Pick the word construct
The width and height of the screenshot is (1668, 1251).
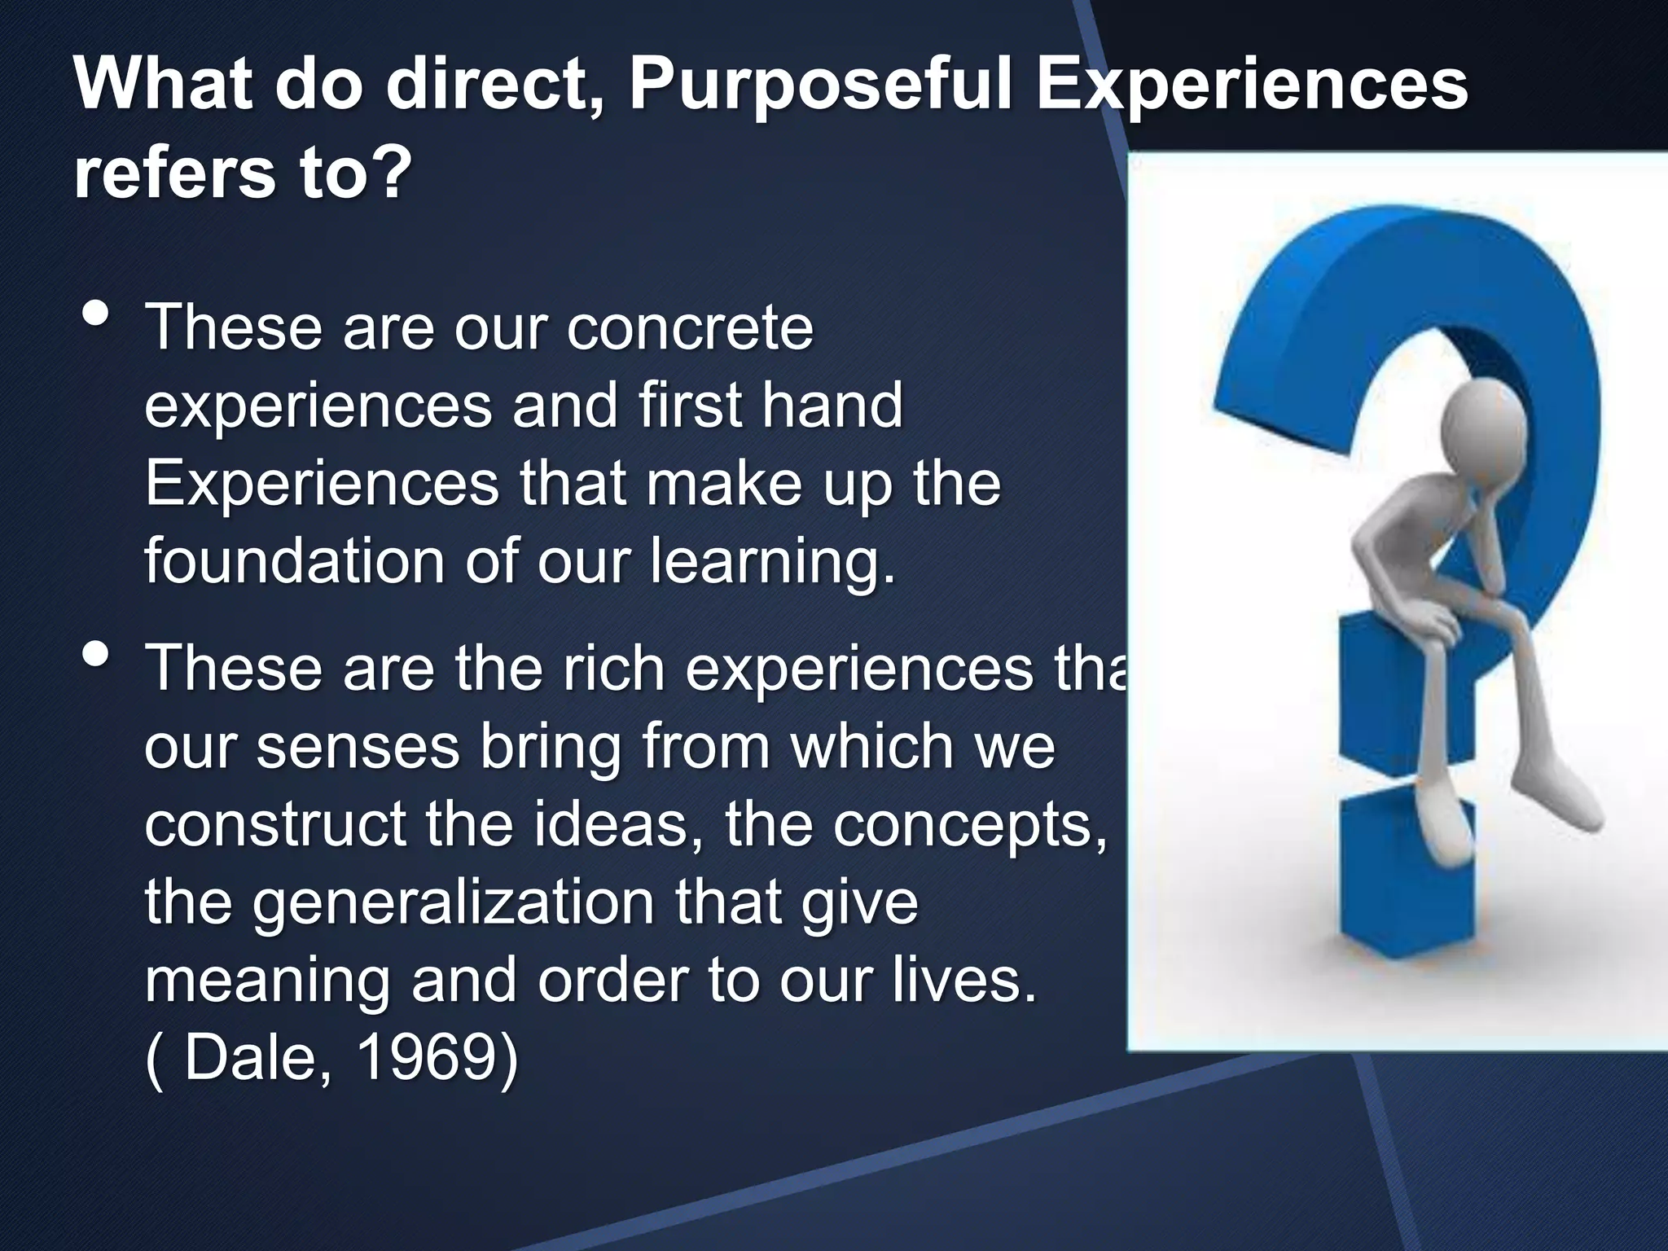coord(274,824)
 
